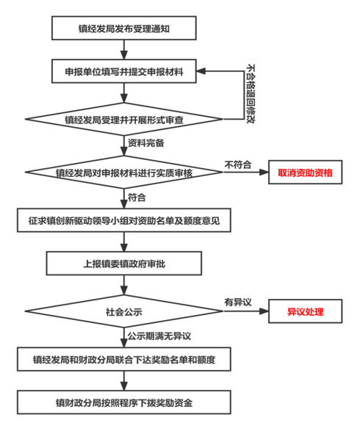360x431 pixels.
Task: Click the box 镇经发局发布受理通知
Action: (124, 28)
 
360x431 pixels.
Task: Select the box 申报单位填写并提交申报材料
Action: (124, 71)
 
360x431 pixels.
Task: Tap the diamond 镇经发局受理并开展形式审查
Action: (124, 119)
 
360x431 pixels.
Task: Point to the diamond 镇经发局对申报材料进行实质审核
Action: (124, 173)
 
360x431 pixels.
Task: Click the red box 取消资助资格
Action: (306, 173)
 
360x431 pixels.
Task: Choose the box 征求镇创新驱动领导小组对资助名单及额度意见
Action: (124, 220)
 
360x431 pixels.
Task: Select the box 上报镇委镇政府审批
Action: (124, 264)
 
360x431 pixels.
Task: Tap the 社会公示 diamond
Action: (124, 311)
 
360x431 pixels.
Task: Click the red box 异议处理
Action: (306, 311)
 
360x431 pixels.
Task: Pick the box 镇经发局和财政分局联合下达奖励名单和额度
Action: (124, 359)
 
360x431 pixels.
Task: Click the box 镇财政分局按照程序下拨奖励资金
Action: (124, 402)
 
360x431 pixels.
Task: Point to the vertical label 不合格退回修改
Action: (251, 94)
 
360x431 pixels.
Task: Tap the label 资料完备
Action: (145, 143)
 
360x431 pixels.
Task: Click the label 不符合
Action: (238, 165)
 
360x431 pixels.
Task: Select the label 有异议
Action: (238, 303)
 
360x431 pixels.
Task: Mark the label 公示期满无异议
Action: (159, 336)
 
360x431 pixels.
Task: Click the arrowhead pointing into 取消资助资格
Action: (264, 173)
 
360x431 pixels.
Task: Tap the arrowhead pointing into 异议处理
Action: (264, 311)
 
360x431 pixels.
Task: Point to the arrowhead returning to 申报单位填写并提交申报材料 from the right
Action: (201, 71)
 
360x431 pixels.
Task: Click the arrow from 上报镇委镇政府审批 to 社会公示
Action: (124, 285)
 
